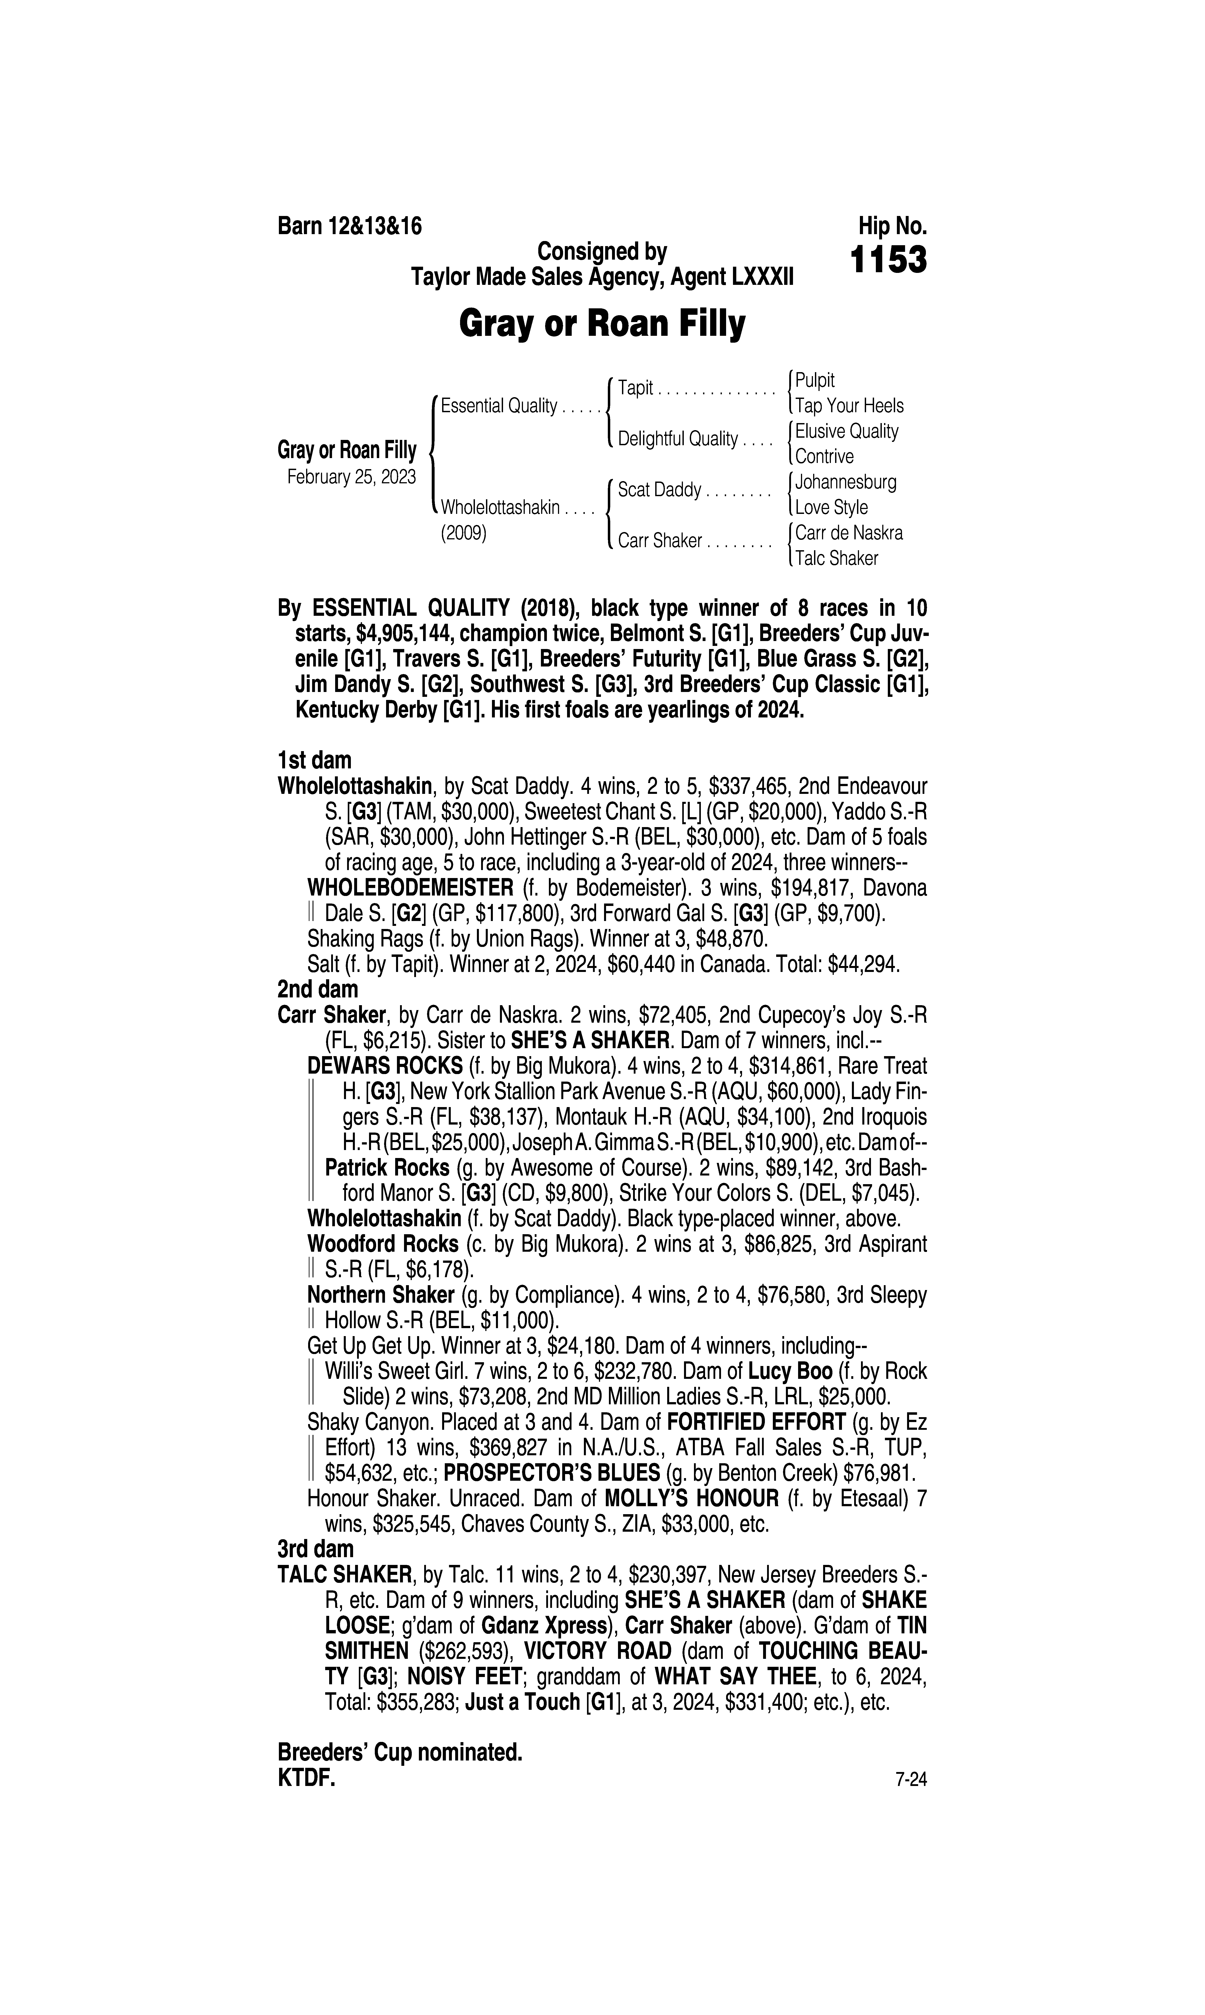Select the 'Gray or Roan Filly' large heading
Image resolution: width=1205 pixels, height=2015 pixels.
(602, 325)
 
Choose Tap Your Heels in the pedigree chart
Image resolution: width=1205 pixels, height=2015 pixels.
(849, 405)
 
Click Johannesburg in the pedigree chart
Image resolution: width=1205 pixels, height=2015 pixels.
(846, 482)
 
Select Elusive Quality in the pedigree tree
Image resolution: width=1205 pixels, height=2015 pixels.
(847, 431)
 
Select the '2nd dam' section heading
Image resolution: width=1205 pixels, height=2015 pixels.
(317, 990)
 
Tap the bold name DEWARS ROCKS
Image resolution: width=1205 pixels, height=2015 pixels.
(378, 1066)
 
